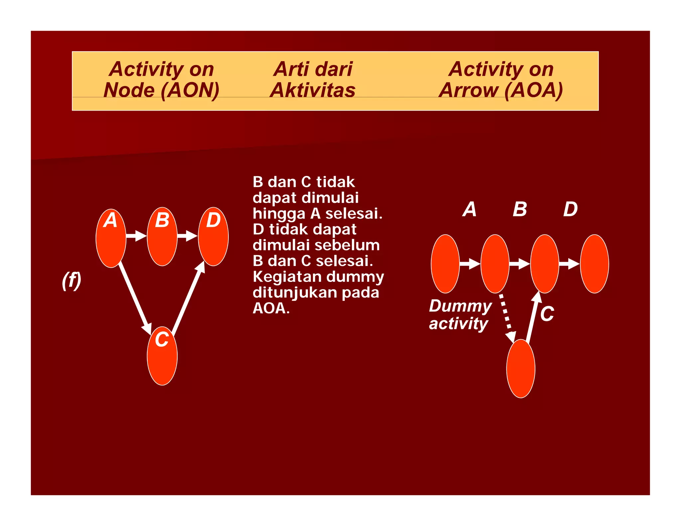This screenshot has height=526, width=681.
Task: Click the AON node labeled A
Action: coord(111,238)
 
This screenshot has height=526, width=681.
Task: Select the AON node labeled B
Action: coord(162,237)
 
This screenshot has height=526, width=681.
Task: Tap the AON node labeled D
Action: coord(213,237)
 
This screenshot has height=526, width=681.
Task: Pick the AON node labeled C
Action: coord(162,356)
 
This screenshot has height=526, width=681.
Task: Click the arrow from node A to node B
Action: coord(136,236)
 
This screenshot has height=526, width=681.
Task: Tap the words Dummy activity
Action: coord(460,315)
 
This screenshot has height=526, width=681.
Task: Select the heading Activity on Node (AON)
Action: coord(161,79)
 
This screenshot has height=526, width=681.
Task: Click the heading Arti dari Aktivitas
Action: coord(313,79)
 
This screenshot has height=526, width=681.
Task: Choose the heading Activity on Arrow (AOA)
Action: coord(501,79)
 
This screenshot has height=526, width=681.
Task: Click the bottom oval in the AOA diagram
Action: coord(521,368)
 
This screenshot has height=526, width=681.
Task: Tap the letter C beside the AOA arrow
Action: coord(547,314)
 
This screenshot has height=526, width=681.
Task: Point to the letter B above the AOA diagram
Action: coord(520,209)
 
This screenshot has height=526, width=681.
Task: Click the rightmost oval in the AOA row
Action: coord(594,264)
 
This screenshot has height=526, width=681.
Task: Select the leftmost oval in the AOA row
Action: coord(445,264)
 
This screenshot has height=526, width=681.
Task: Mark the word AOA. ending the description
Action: coord(271,308)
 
